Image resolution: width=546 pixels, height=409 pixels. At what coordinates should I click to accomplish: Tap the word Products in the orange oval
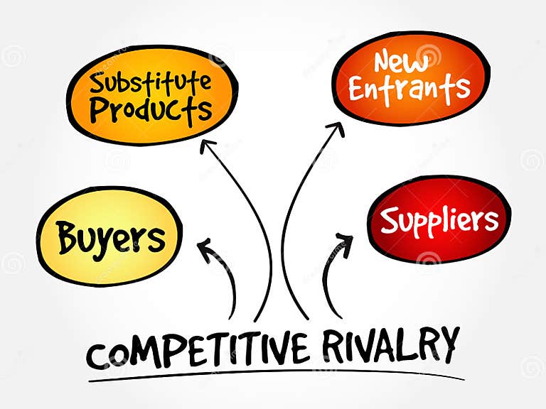point(151,110)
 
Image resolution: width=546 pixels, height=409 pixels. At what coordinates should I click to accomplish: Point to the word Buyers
point(112,237)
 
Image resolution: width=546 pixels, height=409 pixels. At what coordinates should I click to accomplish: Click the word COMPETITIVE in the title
point(198,350)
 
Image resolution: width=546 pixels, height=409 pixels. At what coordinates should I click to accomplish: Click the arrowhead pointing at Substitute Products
point(208,146)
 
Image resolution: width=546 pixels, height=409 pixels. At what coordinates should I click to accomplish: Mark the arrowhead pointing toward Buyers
point(206,248)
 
